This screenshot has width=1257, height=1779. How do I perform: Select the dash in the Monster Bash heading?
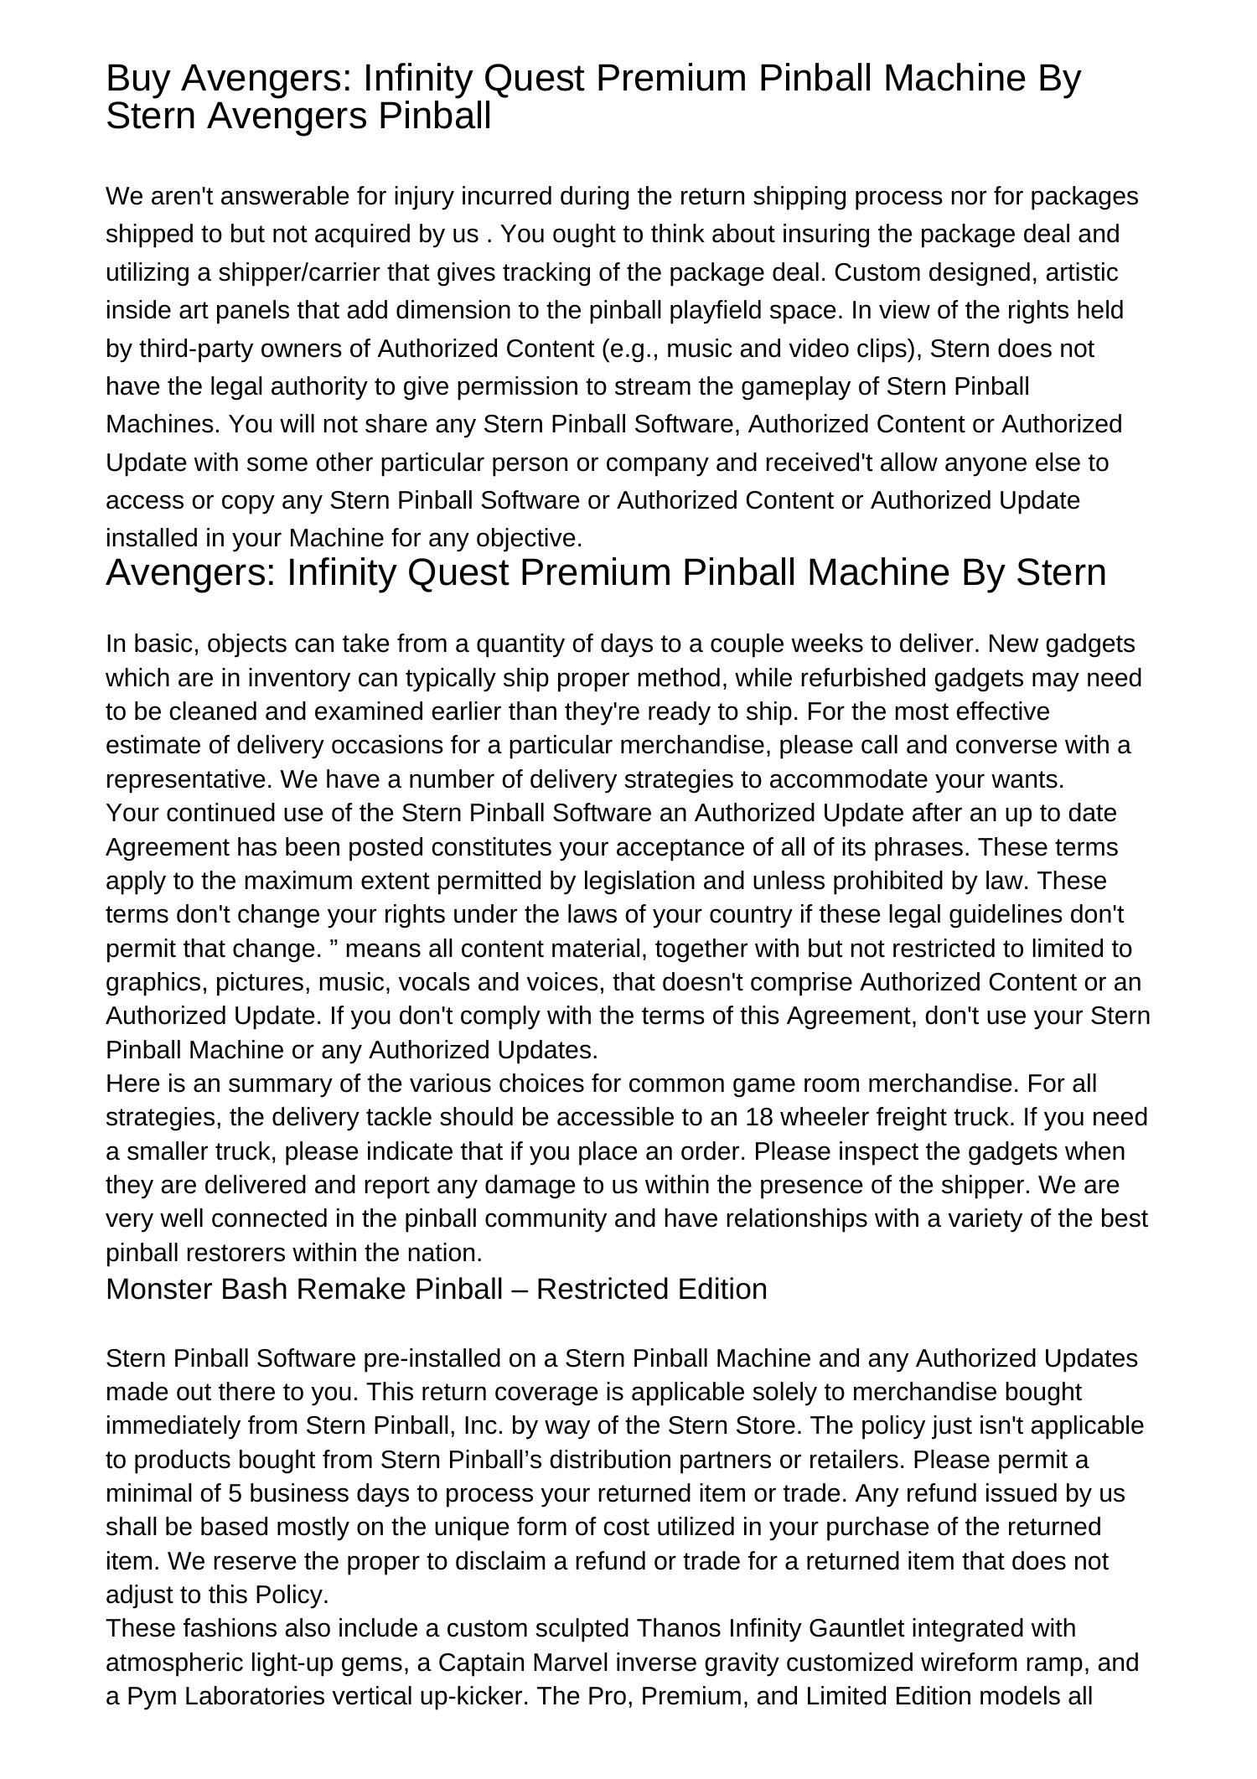pyautogui.click(x=519, y=1289)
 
